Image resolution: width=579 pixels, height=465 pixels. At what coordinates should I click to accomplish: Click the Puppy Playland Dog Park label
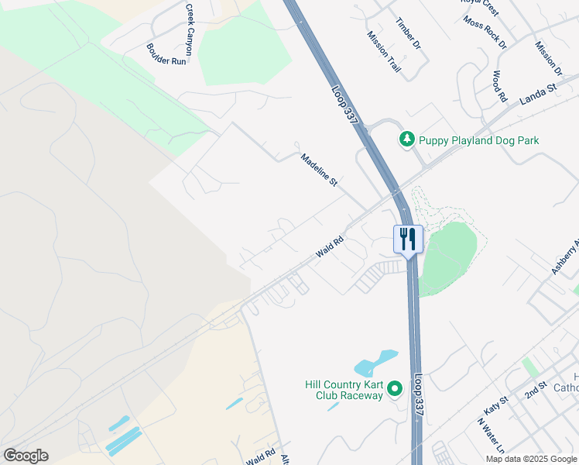coord(478,140)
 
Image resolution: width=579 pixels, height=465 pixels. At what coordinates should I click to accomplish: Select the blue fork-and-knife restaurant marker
coord(408,239)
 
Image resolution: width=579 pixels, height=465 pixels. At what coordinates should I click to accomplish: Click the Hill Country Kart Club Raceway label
coord(344,390)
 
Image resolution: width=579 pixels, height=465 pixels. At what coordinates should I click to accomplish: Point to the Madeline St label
coord(319,170)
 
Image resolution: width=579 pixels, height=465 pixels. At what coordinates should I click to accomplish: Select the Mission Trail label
coord(384,52)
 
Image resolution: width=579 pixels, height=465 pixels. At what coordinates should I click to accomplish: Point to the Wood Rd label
coord(499,87)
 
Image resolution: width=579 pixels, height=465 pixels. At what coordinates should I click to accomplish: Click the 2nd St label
coord(536,390)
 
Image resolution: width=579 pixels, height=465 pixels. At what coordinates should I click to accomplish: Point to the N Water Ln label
coord(491,438)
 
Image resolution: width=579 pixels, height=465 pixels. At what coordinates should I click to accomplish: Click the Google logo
coord(26,456)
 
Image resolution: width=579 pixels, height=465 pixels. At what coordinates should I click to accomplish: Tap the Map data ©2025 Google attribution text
coord(531,459)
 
